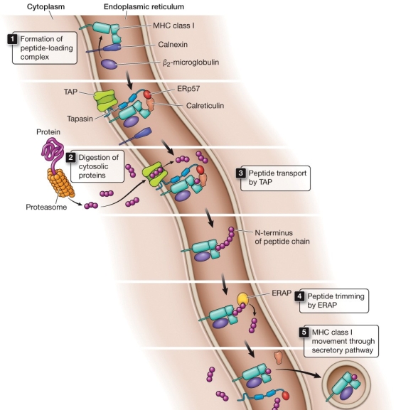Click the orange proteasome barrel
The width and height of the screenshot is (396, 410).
61,183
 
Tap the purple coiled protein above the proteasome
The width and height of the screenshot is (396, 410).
53,151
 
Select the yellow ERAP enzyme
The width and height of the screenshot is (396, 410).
242,298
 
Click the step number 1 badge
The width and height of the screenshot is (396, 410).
12,39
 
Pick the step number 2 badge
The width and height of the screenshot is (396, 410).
70,158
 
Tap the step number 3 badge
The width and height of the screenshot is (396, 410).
241,173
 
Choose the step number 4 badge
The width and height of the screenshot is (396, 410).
299,296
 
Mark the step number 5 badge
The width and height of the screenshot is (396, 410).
304,332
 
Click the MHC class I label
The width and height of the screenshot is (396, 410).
173,26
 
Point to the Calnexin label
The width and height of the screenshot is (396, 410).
173,45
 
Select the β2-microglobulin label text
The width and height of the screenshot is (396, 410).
191,63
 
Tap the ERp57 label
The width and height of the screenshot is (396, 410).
188,89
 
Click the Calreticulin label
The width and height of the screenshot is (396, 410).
205,106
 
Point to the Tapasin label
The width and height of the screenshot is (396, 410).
80,119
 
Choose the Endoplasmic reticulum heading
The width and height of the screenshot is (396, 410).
144,6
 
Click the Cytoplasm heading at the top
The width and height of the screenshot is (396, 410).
46,6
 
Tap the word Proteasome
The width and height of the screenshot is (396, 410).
46,207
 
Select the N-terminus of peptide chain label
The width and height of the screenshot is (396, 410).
282,237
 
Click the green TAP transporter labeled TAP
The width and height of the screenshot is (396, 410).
105,99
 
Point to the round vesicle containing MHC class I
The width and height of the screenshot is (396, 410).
346,385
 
